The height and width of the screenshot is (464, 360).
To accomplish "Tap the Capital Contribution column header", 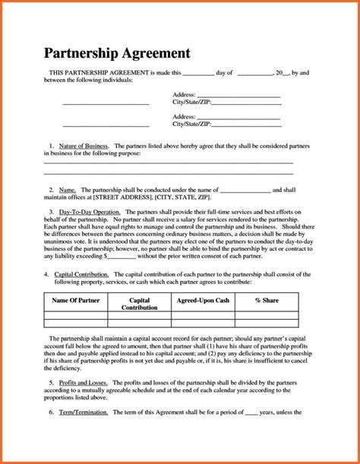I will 140,305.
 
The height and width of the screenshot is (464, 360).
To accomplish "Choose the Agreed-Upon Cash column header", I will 202,301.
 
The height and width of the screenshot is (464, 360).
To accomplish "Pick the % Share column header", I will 267,301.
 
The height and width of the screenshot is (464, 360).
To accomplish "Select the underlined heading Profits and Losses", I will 84,383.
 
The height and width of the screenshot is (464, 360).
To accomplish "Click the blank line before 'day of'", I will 200,74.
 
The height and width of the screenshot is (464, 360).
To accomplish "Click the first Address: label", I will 185,93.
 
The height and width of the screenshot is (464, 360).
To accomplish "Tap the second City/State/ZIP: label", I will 191,123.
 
